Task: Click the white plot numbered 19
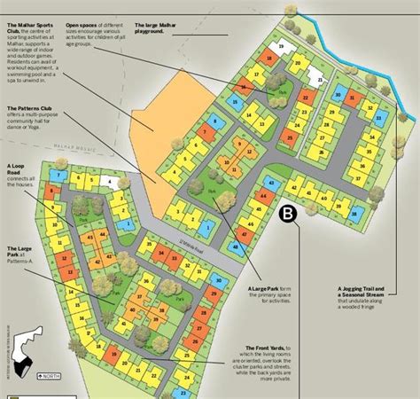point(281,44)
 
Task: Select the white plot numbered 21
point(322,79)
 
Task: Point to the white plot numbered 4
point(110,182)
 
